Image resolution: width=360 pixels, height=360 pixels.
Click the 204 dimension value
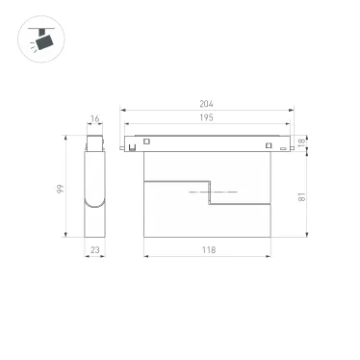[205, 104]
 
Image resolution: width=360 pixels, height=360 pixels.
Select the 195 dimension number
[205, 117]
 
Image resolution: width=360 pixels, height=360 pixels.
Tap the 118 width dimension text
[209, 249]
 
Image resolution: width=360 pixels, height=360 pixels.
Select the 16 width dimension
[94, 120]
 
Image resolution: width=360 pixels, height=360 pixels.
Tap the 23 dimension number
[94, 249]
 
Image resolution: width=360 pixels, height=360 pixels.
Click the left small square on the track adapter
[146, 143]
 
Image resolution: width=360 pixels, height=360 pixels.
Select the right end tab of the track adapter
[287, 146]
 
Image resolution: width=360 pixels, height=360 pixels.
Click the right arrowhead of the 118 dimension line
[271, 256]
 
